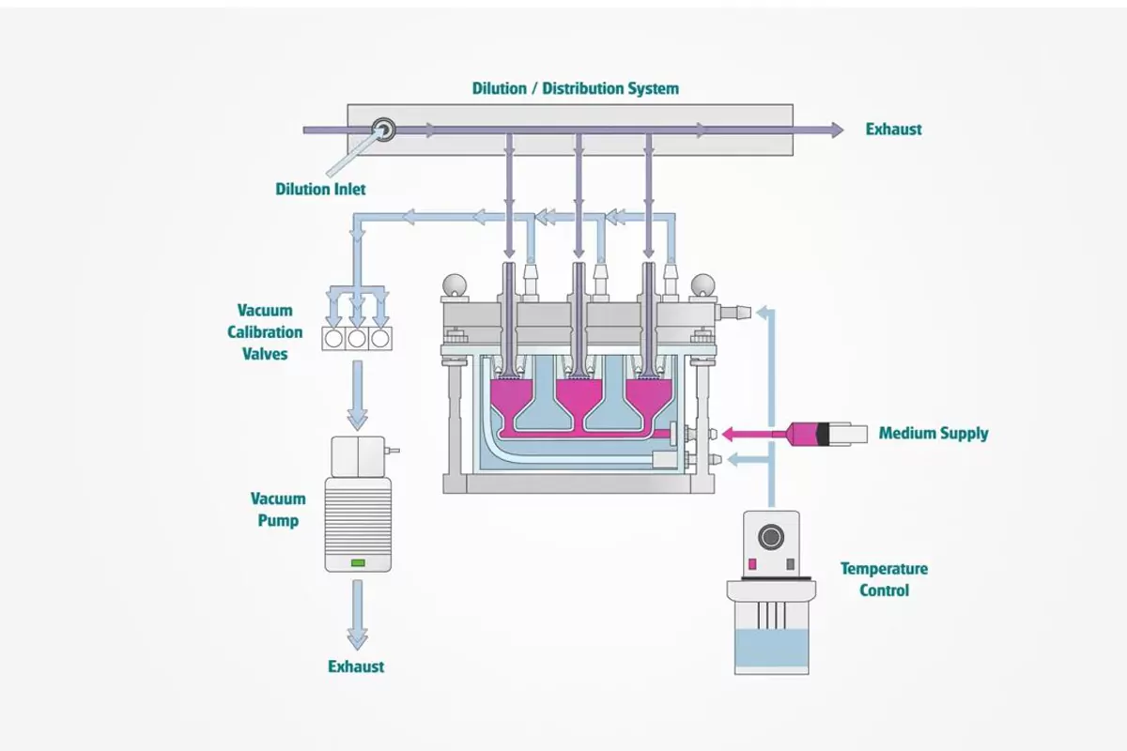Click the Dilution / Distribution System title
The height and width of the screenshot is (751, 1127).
click(x=575, y=88)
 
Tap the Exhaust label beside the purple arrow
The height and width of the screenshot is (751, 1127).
click(x=893, y=130)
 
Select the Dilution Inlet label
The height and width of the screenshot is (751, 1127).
click(x=320, y=189)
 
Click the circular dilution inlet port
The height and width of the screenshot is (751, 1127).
click(x=383, y=130)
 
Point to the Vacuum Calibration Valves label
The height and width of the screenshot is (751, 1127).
click(x=264, y=332)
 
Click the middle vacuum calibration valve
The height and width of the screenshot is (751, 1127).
click(x=357, y=338)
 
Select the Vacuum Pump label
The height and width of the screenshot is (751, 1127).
click(x=278, y=509)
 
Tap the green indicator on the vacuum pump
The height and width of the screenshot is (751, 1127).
click(x=358, y=562)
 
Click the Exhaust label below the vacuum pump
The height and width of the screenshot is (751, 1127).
click(x=356, y=667)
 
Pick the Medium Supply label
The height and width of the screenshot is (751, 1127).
click(x=934, y=434)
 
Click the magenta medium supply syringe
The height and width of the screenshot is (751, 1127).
click(x=808, y=434)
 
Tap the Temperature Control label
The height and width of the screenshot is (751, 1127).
click(x=884, y=579)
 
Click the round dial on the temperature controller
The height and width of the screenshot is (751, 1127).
click(x=770, y=537)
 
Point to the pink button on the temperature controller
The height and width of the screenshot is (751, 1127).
click(x=752, y=563)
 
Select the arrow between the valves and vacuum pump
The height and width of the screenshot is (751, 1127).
click(x=357, y=394)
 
